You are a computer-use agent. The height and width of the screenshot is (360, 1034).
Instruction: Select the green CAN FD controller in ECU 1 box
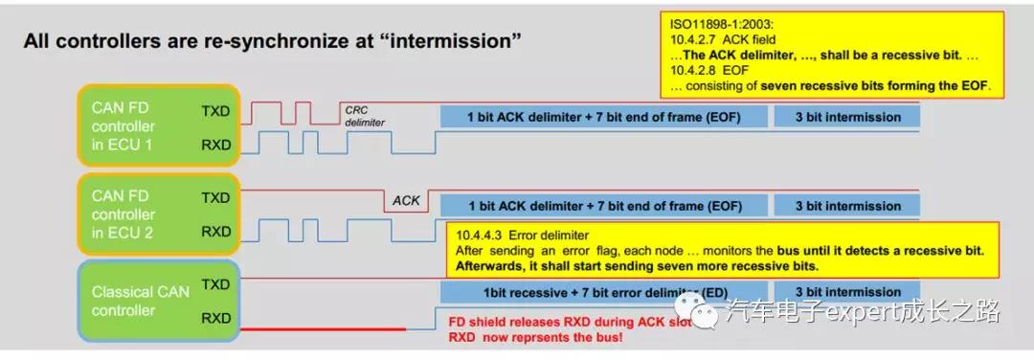pyautogui.click(x=158, y=126)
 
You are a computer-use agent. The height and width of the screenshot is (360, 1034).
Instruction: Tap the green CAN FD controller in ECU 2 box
pyautogui.click(x=158, y=214)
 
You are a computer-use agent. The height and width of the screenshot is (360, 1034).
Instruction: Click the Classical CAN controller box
pyautogui.click(x=158, y=301)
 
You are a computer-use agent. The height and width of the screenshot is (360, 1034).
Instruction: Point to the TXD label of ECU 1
pyautogui.click(x=215, y=111)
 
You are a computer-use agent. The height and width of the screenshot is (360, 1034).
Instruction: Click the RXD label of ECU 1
pyautogui.click(x=215, y=145)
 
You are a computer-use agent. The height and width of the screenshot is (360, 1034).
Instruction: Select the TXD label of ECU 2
pyautogui.click(x=215, y=198)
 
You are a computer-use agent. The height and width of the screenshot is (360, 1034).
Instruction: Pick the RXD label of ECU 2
pyautogui.click(x=215, y=232)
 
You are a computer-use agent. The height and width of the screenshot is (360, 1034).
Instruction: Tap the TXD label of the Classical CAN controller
pyautogui.click(x=215, y=284)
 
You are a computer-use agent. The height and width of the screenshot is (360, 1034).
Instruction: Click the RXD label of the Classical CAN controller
pyautogui.click(x=215, y=319)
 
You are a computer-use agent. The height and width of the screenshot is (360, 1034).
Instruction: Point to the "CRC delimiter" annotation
pyautogui.click(x=365, y=117)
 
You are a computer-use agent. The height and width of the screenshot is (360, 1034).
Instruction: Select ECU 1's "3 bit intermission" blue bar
pyautogui.click(x=847, y=118)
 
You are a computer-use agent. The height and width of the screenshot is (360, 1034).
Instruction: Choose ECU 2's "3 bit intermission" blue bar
pyautogui.click(x=847, y=206)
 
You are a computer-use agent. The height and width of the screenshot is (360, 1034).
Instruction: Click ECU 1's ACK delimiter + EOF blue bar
pyautogui.click(x=604, y=118)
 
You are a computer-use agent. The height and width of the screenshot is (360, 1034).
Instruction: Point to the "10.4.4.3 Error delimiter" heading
pyautogui.click(x=522, y=235)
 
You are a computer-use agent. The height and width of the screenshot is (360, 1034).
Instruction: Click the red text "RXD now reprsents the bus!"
pyautogui.click(x=535, y=338)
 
